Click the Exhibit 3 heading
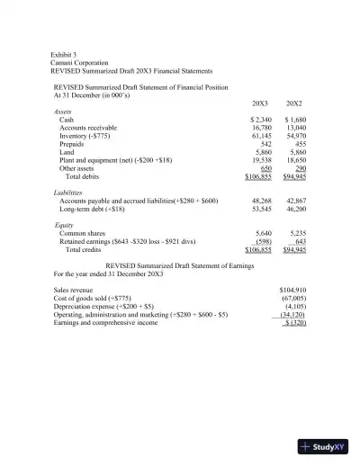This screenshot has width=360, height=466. [65, 55]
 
